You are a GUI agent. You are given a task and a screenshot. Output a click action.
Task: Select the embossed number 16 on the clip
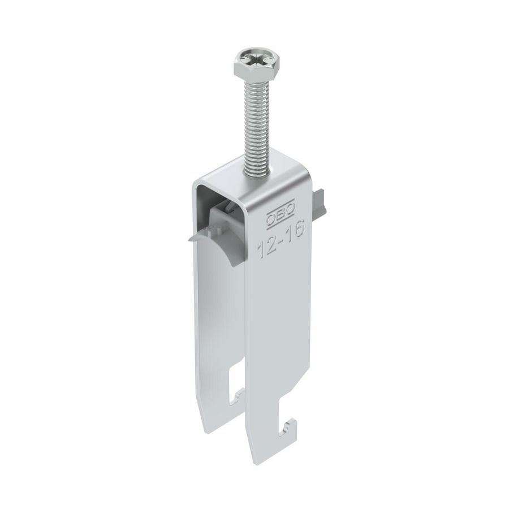296,229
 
